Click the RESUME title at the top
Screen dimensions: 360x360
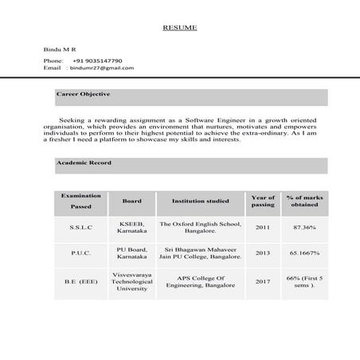point(179,28)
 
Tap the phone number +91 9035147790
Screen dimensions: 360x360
point(97,61)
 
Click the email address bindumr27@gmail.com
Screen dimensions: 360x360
point(102,68)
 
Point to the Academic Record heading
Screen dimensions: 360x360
point(84,162)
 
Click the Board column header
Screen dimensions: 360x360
point(132,202)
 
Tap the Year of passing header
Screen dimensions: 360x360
point(263,201)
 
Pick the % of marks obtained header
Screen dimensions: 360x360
point(304,201)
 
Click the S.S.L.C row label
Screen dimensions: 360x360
point(80,228)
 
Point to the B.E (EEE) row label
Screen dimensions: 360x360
point(80,281)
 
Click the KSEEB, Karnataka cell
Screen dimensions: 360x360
point(132,228)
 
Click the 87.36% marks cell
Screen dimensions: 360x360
point(304,228)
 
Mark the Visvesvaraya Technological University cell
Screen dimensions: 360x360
point(132,281)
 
